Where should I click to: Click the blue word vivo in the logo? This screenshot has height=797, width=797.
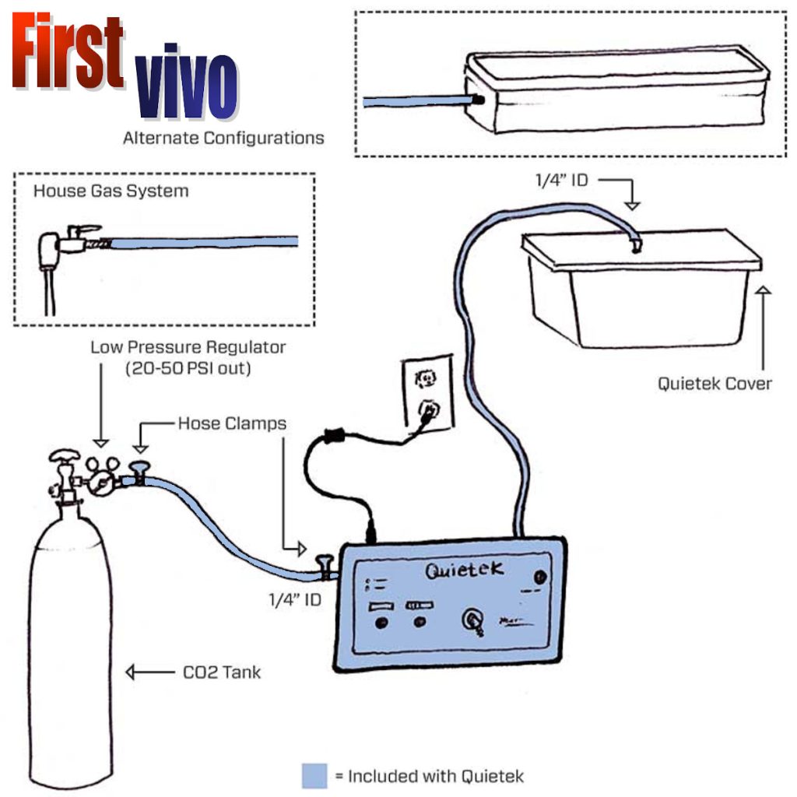coord(186,85)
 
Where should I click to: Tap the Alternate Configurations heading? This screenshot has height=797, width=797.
coord(223,138)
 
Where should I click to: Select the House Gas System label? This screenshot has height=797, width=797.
coord(111,191)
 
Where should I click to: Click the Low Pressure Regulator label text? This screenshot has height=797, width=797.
coord(188,347)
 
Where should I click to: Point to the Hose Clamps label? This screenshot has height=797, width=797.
coord(232,423)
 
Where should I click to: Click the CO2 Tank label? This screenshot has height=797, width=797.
coord(222,672)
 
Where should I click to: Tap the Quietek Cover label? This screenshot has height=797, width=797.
coord(714,383)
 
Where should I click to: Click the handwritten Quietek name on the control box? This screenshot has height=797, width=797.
coord(464,570)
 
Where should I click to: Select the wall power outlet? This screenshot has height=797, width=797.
coord(425,393)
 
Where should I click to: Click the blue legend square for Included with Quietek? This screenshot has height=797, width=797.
coord(314,776)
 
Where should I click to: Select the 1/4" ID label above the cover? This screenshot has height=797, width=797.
coord(560,181)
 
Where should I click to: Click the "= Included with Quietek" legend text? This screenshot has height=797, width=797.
coord(428,776)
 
